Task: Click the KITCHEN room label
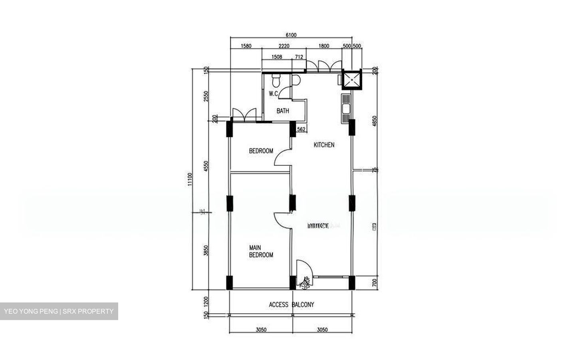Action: [324, 145]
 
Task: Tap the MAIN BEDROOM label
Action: [261, 251]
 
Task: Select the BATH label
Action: [283, 111]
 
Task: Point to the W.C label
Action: [273, 94]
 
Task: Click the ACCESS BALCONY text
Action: [291, 304]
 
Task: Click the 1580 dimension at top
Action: [246, 46]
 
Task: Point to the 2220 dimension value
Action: [284, 46]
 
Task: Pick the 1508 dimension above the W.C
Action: [277, 57]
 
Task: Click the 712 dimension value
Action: [298, 57]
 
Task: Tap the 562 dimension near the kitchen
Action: [301, 129]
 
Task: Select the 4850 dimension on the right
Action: [375, 121]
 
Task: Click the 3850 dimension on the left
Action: [206, 251]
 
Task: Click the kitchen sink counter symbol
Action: [345, 108]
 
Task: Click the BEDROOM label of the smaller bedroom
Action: [261, 151]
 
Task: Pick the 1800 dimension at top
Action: [324, 46]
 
